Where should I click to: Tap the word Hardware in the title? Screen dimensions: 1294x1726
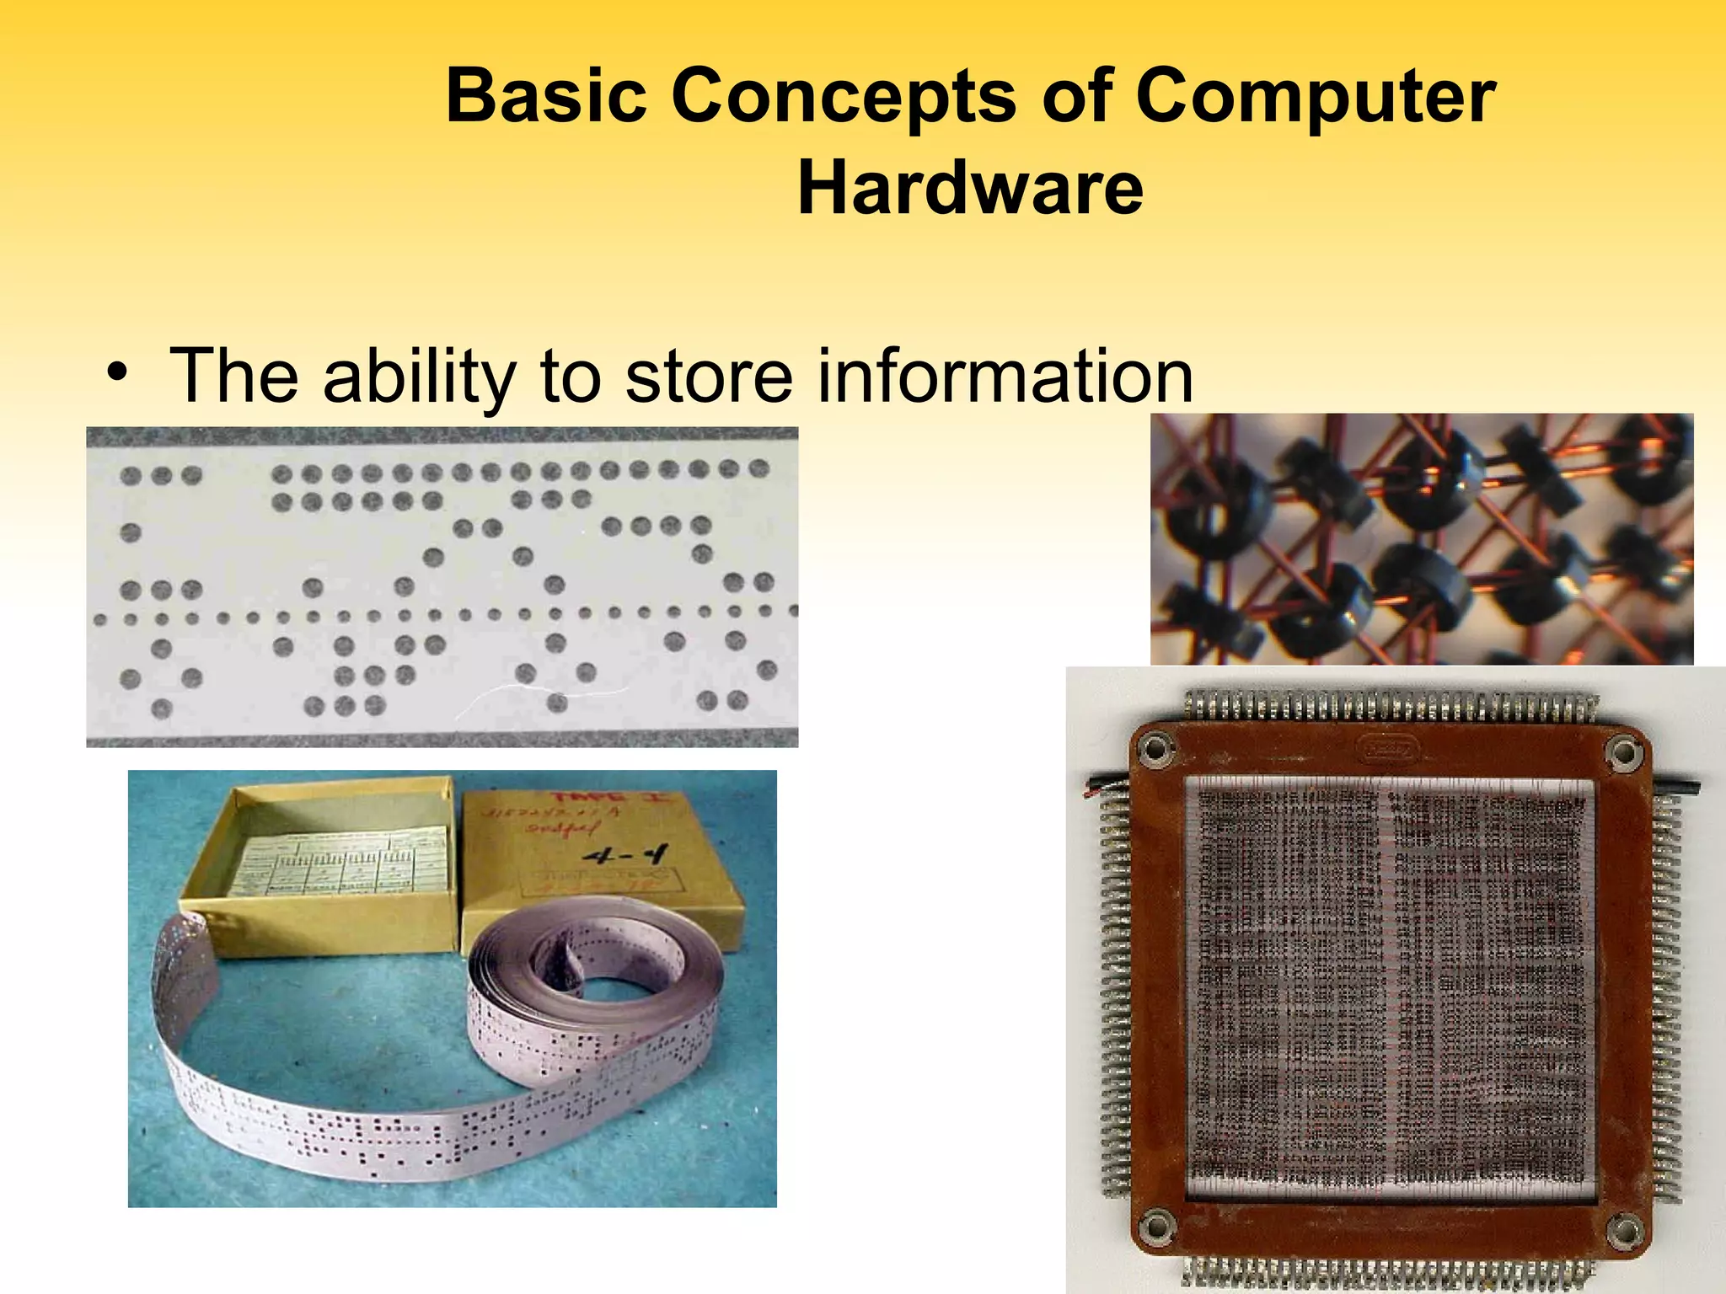970,189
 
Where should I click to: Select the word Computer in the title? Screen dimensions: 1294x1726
1316,96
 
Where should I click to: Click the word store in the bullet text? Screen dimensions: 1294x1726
709,376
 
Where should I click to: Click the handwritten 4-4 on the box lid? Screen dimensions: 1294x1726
624,857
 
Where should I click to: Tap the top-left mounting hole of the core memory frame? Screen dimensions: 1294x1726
1156,747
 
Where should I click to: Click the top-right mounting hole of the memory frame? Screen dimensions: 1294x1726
1624,749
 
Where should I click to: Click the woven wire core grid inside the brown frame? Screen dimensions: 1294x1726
1391,986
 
